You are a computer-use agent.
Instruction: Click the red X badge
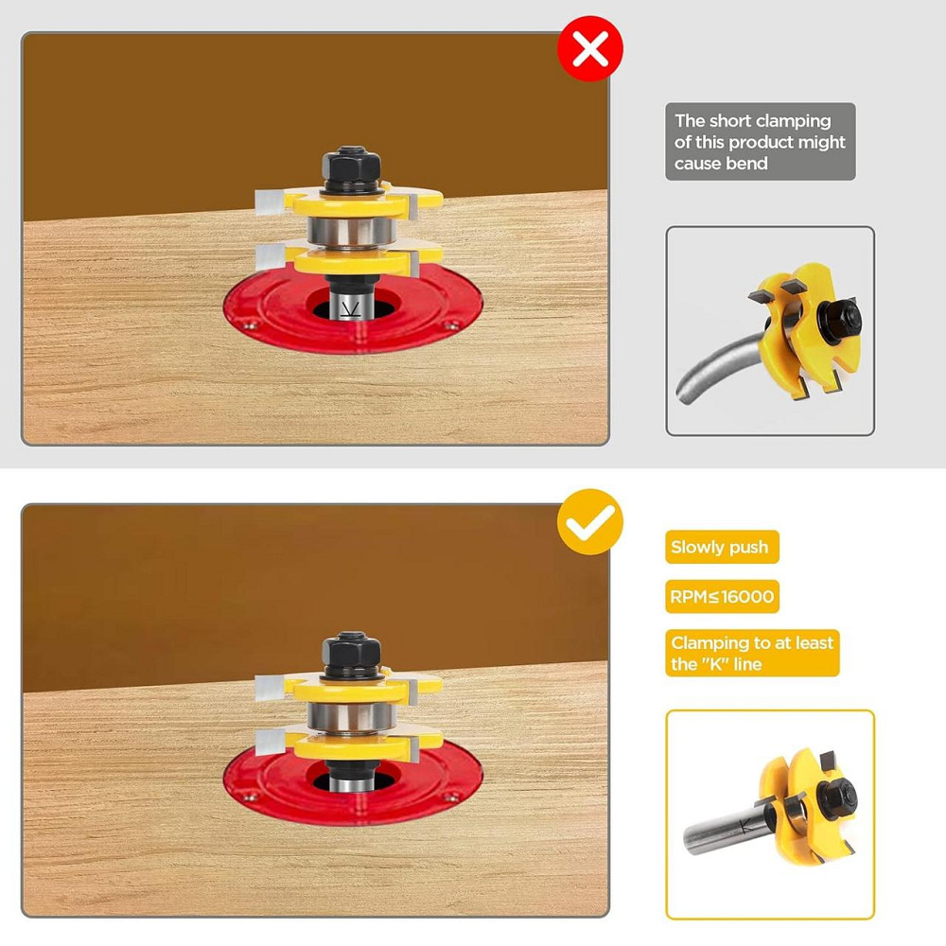pos(589,49)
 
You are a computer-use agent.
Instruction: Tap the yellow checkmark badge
pos(589,522)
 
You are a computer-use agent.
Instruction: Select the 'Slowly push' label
pos(722,547)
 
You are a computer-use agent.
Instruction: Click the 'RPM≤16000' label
pos(722,597)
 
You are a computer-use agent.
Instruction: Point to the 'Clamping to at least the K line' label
pos(752,653)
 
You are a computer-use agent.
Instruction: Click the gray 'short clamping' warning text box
pos(761,142)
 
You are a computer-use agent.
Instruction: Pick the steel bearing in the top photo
pos(351,230)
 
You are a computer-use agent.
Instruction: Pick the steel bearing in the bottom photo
pos(351,717)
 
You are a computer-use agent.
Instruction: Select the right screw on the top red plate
pos(447,325)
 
